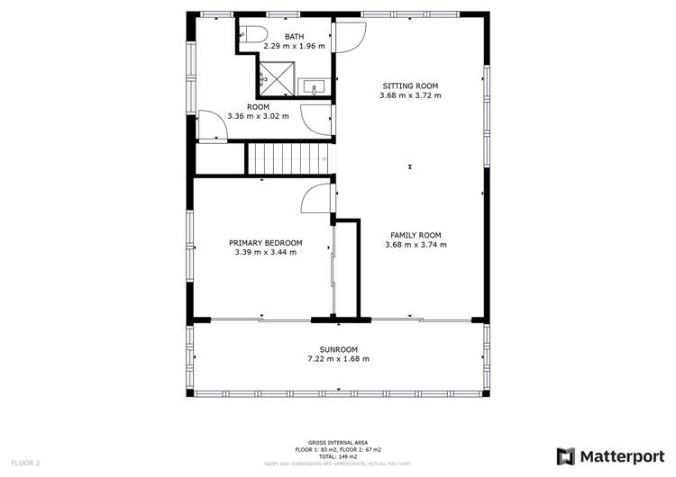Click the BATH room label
[x=294, y=36]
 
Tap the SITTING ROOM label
[x=410, y=86]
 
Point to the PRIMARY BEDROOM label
[x=265, y=243]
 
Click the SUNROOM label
[x=338, y=349]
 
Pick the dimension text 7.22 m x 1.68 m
[x=338, y=359]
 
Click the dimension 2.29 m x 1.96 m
[x=294, y=45]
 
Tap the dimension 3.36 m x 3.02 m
[x=259, y=115]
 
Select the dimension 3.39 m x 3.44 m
[x=265, y=252]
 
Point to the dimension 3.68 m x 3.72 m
[x=410, y=95]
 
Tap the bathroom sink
[x=315, y=87]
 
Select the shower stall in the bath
[x=277, y=78]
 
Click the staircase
[x=288, y=160]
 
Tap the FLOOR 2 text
[x=24, y=463]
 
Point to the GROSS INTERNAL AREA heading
[x=338, y=443]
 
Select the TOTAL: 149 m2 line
[x=338, y=455]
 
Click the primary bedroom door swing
[x=315, y=198]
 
